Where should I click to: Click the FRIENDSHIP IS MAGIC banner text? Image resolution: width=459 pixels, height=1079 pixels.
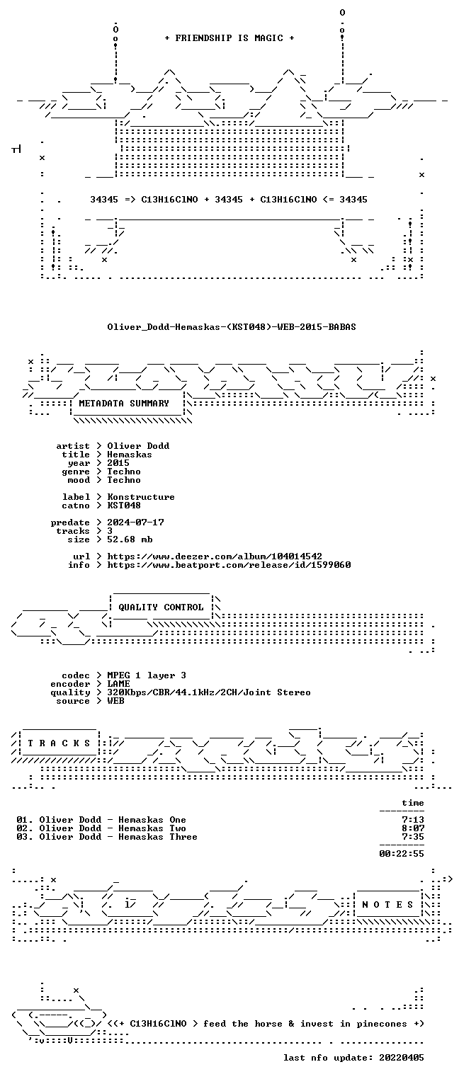[x=229, y=38]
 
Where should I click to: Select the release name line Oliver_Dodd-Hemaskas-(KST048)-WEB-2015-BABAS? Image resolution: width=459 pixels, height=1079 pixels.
[x=232, y=327]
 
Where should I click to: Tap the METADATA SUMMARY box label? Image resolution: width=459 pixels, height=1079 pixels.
[x=124, y=404]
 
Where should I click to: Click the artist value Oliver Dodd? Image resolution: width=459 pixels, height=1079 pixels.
[x=138, y=446]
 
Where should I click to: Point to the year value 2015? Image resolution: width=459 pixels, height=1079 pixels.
[x=118, y=463]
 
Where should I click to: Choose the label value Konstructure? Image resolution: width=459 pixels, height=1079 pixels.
[x=141, y=497]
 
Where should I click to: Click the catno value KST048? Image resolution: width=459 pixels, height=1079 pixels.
[x=124, y=506]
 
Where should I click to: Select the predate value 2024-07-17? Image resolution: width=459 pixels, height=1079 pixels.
[x=135, y=523]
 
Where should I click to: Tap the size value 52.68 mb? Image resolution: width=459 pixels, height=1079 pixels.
[x=130, y=539]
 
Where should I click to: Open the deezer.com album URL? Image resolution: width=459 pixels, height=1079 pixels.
[x=215, y=556]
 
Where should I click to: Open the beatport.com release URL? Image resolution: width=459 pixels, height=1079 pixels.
[x=229, y=565]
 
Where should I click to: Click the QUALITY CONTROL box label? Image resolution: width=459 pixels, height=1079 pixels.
[x=161, y=607]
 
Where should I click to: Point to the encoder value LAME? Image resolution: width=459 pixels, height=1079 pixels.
[x=118, y=684]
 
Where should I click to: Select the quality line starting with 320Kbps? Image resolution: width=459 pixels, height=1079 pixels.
[x=209, y=692]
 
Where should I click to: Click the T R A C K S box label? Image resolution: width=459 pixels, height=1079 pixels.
[x=59, y=743]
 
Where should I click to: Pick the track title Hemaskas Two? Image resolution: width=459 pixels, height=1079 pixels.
[x=152, y=828]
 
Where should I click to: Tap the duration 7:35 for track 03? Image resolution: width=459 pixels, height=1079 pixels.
[x=413, y=837]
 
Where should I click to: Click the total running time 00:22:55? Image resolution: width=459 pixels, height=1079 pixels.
[x=402, y=854]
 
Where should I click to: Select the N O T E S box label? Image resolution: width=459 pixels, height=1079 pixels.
[x=387, y=905]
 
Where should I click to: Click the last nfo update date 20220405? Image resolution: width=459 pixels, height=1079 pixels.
[x=402, y=1058]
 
